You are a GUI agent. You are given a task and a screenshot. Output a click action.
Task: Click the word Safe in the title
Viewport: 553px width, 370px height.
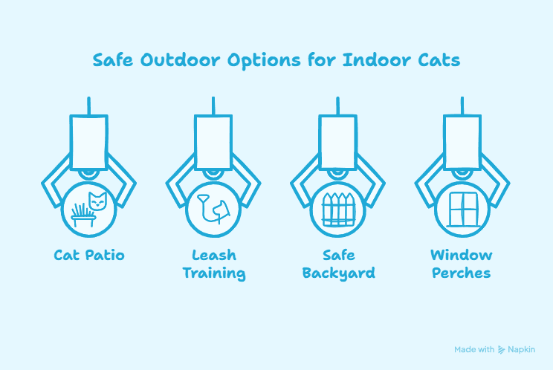point(113,60)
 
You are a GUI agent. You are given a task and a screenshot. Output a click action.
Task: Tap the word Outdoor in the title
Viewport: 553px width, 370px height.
point(181,60)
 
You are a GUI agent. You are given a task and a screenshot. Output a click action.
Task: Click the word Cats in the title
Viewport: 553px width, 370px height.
point(439,60)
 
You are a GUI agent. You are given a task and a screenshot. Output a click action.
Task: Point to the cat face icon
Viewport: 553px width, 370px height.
point(97,201)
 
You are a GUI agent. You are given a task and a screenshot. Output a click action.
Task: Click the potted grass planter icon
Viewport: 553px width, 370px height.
point(83,215)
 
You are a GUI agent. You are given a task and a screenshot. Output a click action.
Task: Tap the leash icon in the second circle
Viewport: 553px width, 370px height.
point(213,209)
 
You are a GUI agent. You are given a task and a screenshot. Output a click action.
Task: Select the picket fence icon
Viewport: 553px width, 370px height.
point(338,210)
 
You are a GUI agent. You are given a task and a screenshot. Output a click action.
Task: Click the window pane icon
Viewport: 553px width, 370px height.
point(462,210)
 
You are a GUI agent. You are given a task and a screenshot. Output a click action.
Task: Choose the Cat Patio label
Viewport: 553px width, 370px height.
point(89,255)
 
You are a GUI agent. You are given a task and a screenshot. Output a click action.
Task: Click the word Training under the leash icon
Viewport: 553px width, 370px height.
point(214,273)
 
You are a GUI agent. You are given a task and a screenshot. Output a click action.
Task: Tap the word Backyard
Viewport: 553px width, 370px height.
point(339,273)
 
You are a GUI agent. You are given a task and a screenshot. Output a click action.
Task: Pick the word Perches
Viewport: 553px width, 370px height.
point(462,273)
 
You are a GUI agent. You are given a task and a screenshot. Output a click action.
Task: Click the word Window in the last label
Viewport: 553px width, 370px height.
point(462,255)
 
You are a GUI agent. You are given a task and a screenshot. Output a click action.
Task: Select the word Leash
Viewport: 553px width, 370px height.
point(214,255)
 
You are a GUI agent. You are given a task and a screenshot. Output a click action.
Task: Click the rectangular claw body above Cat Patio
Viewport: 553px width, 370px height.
point(89,142)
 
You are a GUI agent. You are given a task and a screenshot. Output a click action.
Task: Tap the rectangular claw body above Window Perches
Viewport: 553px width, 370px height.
point(462,142)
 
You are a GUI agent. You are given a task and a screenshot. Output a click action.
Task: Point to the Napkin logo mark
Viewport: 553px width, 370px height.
point(501,349)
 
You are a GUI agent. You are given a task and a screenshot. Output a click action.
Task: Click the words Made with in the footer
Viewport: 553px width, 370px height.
point(474,349)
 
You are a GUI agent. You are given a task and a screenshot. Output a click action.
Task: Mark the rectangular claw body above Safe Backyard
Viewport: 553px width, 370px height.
point(338,142)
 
